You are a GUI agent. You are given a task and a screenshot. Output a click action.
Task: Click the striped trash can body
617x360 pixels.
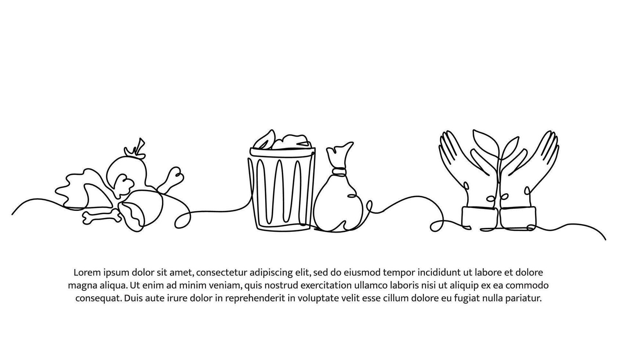(x=281, y=193)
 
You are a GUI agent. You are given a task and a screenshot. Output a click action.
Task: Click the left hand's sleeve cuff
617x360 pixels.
(x=480, y=218)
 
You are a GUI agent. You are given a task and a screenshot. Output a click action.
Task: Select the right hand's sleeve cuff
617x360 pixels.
(x=518, y=218)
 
